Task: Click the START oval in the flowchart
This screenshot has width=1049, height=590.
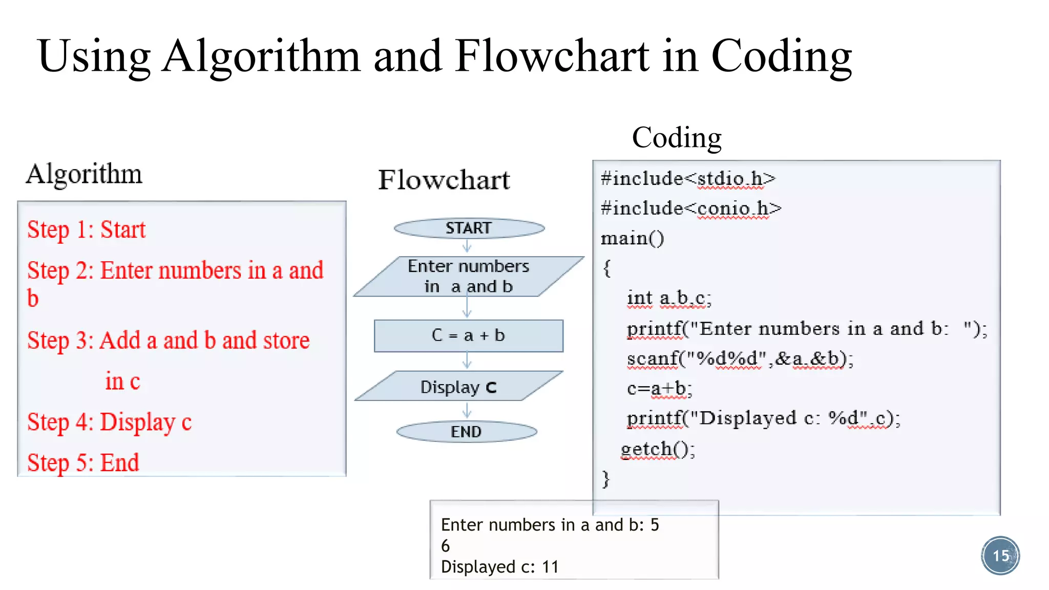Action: (x=469, y=228)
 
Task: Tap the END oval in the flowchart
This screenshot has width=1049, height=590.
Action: (x=467, y=432)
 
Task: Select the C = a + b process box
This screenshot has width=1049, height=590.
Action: (x=469, y=336)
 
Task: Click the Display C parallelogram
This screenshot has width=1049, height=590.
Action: (x=459, y=387)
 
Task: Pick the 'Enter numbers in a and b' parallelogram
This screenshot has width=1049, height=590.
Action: (x=469, y=277)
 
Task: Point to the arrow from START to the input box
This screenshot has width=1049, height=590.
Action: (x=467, y=247)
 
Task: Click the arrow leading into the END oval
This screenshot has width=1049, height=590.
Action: (x=467, y=411)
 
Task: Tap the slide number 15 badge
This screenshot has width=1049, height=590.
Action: (x=1000, y=556)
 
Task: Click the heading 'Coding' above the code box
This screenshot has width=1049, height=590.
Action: (x=677, y=138)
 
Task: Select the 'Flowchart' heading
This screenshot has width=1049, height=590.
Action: (x=444, y=180)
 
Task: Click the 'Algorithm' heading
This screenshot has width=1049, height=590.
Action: (x=84, y=174)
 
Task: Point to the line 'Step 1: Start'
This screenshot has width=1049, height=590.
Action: (x=86, y=229)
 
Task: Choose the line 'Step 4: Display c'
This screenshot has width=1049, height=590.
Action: (x=109, y=423)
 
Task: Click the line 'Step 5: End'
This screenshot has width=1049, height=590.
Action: (x=83, y=462)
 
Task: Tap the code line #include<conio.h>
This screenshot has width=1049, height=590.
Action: (x=691, y=208)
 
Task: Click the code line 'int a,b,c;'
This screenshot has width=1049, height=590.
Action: (x=669, y=298)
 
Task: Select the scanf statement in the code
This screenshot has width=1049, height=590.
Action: (x=740, y=359)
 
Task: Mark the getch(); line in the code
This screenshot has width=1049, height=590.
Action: (x=658, y=449)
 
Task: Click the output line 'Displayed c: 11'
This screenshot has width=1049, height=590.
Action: (x=499, y=567)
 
